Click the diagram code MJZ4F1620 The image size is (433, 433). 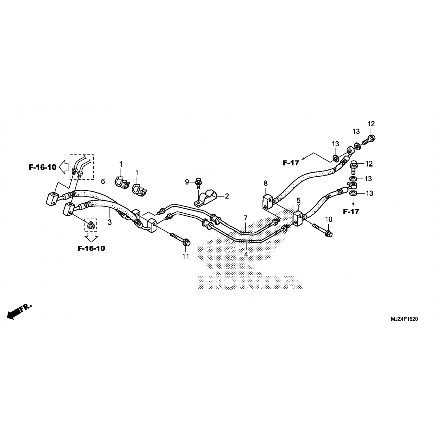coord(404,319)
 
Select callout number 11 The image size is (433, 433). coord(186,256)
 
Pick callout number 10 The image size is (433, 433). coord(329,219)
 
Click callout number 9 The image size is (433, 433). coord(187,182)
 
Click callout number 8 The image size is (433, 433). coord(266,183)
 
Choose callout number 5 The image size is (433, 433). coord(298,200)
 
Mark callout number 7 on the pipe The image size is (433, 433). coord(245,218)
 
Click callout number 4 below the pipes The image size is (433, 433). coord(246,254)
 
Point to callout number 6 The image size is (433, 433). coord(102,181)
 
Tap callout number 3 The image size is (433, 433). coord(110,222)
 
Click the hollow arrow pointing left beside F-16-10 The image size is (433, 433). coord(64,167)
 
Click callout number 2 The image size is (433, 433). coord(227,196)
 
